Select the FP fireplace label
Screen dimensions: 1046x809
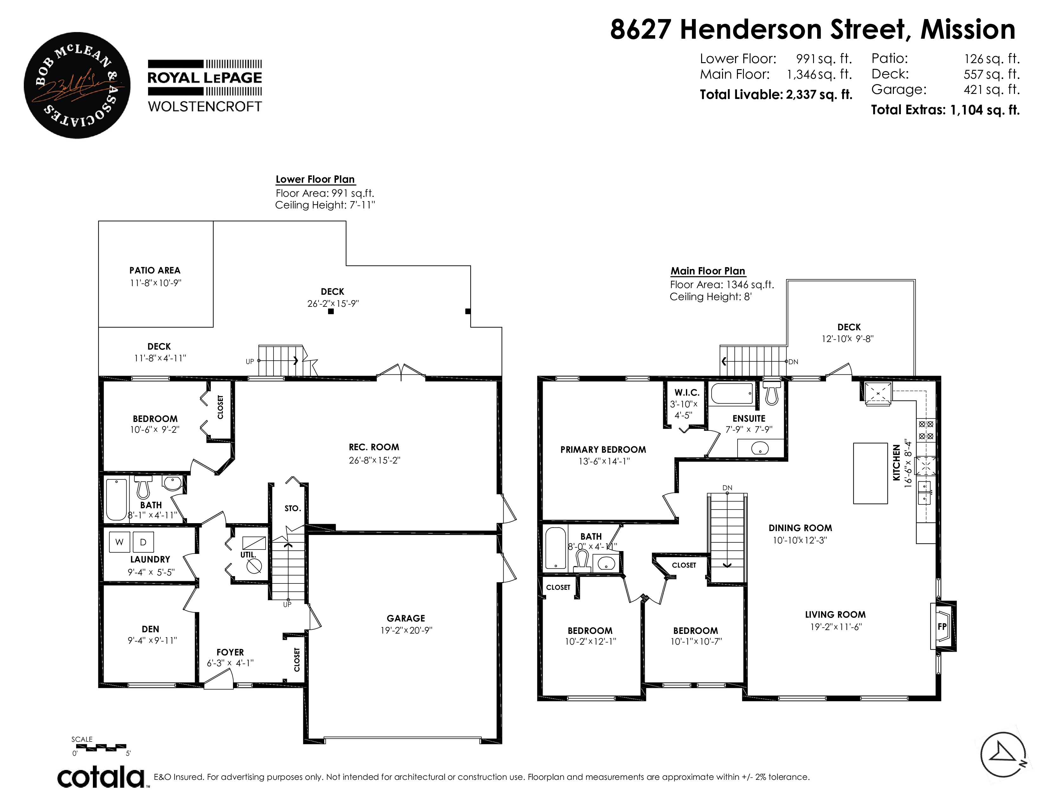click(942, 626)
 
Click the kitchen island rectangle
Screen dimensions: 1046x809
click(870, 473)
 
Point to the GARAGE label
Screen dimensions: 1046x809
click(406, 618)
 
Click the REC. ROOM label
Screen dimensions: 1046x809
click(374, 447)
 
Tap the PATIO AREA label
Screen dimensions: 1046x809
click(155, 270)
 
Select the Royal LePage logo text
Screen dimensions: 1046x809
click(205, 78)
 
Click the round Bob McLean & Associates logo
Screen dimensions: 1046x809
click(77, 85)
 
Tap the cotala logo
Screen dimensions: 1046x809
click(101, 777)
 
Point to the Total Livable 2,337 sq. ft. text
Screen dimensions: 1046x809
click(776, 95)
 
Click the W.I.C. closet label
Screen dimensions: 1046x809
click(687, 392)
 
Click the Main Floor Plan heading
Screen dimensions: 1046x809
click(708, 271)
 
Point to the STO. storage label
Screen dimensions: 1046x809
click(293, 508)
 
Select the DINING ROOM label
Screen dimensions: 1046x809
click(800, 528)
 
